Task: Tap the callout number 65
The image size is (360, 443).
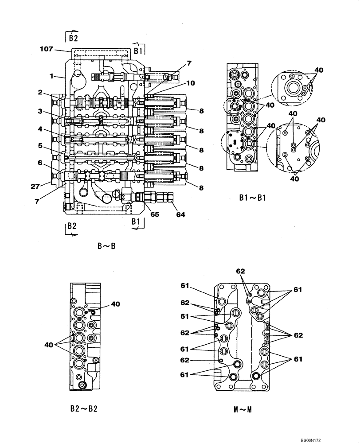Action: coord(154,215)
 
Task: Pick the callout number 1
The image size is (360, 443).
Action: coord(51,76)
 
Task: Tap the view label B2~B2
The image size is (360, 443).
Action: coord(84,408)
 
